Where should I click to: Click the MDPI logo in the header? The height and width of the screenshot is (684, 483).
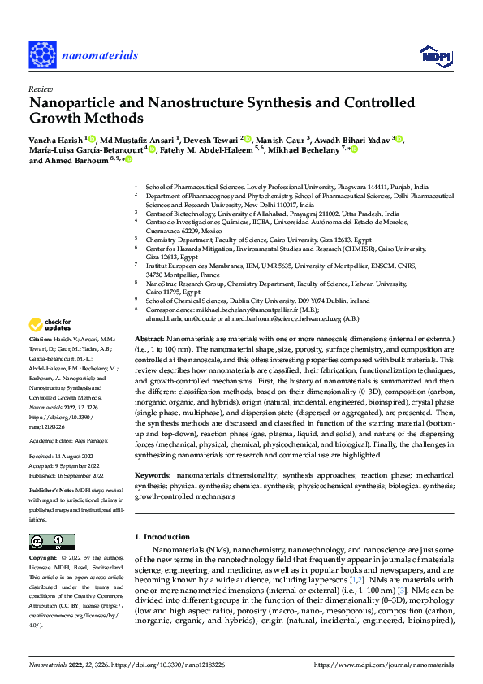436,54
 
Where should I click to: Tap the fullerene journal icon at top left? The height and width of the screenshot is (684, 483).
46,54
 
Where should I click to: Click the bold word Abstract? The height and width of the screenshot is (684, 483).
150,337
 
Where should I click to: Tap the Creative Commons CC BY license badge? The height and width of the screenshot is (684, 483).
52,542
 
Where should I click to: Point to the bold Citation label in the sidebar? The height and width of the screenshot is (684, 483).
40,338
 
